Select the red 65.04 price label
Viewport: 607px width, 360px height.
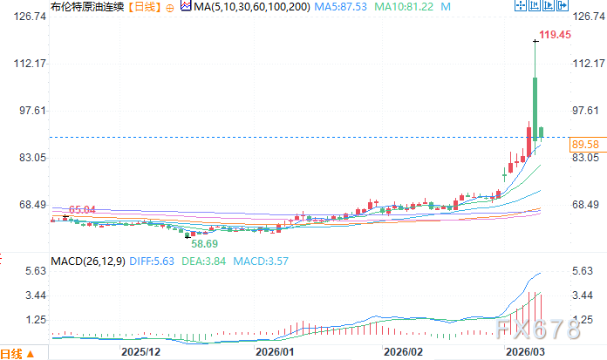pos(82,209)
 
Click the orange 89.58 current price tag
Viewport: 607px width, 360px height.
pos(584,143)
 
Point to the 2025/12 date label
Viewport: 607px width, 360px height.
pos(140,351)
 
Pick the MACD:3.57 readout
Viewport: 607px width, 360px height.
pos(259,261)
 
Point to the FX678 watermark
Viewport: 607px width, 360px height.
pos(537,329)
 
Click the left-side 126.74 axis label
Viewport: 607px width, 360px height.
pos(17,17)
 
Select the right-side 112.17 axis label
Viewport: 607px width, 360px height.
pos(587,64)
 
